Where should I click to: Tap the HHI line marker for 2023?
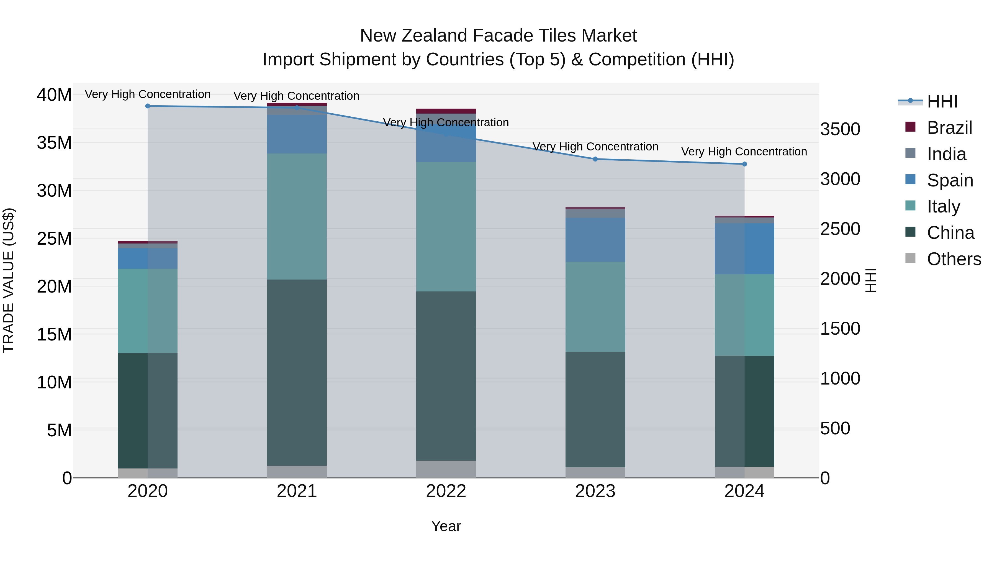[x=595, y=159]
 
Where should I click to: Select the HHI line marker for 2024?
[x=744, y=164]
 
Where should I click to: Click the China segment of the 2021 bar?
[x=297, y=372]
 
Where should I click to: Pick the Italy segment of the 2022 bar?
[x=446, y=227]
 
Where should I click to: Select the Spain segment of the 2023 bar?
[x=595, y=240]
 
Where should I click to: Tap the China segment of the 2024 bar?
[x=744, y=411]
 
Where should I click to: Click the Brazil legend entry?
[x=949, y=128]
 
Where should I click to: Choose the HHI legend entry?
[x=942, y=101]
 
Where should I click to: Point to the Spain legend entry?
[x=950, y=180]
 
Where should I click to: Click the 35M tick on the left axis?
[x=54, y=143]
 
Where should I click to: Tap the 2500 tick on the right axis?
[x=840, y=229]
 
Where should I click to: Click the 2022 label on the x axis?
[x=446, y=491]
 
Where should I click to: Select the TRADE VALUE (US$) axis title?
[x=9, y=280]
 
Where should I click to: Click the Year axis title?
[x=446, y=526]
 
